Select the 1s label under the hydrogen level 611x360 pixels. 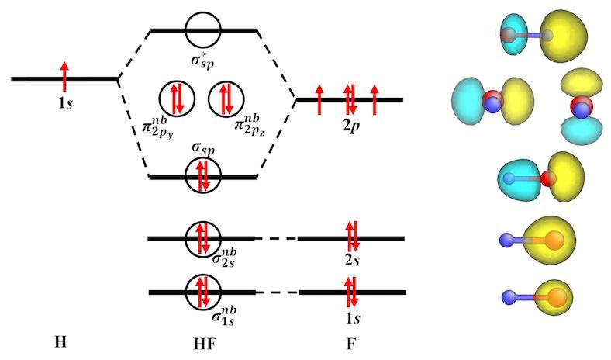click(65, 100)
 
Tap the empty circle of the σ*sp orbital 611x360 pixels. click(203, 30)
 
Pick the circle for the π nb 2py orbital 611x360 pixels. click(176, 99)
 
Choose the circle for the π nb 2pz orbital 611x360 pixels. click(226, 99)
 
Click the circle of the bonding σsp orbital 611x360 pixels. click(203, 176)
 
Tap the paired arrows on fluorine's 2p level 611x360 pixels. click(350, 99)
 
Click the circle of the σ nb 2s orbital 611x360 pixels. click(204, 238)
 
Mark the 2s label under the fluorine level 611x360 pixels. click(351, 259)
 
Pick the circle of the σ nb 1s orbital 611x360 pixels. click(204, 292)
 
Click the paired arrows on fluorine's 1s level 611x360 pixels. click(350, 292)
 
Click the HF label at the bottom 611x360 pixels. click(203, 342)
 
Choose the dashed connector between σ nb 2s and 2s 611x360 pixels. click(276, 238)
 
